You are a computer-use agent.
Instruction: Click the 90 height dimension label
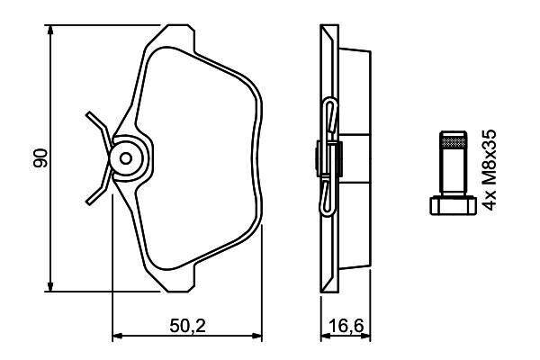click(x=40, y=158)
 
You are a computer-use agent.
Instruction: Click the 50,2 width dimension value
click(x=188, y=326)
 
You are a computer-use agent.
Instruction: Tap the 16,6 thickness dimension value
click(x=346, y=326)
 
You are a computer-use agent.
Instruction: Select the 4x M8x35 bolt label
click(x=489, y=170)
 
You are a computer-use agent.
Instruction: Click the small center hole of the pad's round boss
click(x=126, y=158)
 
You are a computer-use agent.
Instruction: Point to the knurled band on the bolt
click(x=454, y=142)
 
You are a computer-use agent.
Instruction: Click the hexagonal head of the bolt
click(x=454, y=205)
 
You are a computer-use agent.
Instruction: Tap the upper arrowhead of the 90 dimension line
click(x=50, y=31)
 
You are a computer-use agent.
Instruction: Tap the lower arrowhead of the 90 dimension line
click(x=50, y=286)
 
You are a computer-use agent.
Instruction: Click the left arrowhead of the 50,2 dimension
click(x=118, y=336)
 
